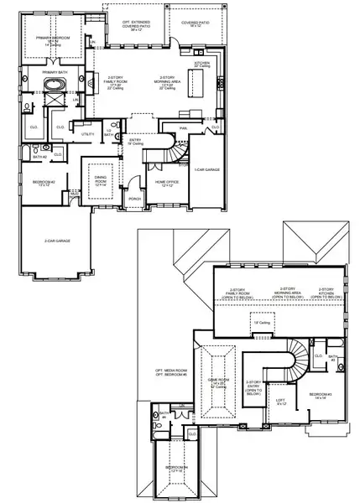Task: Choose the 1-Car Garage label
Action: (x=206, y=170)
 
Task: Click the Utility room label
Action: (x=85, y=134)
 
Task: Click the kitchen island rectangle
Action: (x=199, y=82)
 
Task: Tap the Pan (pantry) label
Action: (x=183, y=128)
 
